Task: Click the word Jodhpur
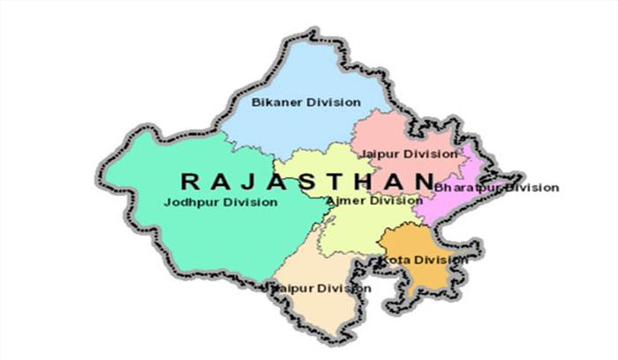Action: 190,202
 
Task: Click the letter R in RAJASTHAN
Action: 188,181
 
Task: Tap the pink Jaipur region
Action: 397,132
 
